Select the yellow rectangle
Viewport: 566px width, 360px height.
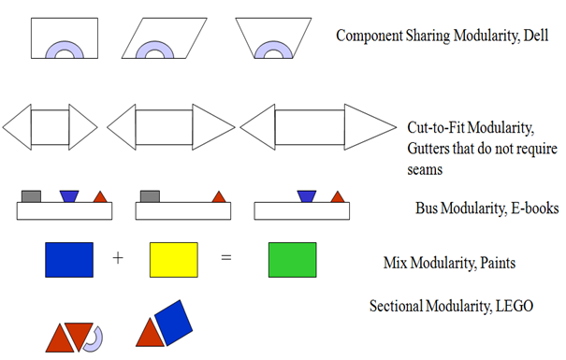[173, 260]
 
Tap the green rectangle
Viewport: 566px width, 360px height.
[292, 260]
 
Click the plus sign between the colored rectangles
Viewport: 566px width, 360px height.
[118, 258]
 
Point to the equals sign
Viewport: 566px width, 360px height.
[225, 258]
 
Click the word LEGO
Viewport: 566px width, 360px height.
[511, 306]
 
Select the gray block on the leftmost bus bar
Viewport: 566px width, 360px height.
[30, 196]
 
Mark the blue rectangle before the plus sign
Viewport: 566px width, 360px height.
[68, 260]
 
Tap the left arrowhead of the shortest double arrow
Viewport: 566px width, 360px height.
[17, 124]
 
